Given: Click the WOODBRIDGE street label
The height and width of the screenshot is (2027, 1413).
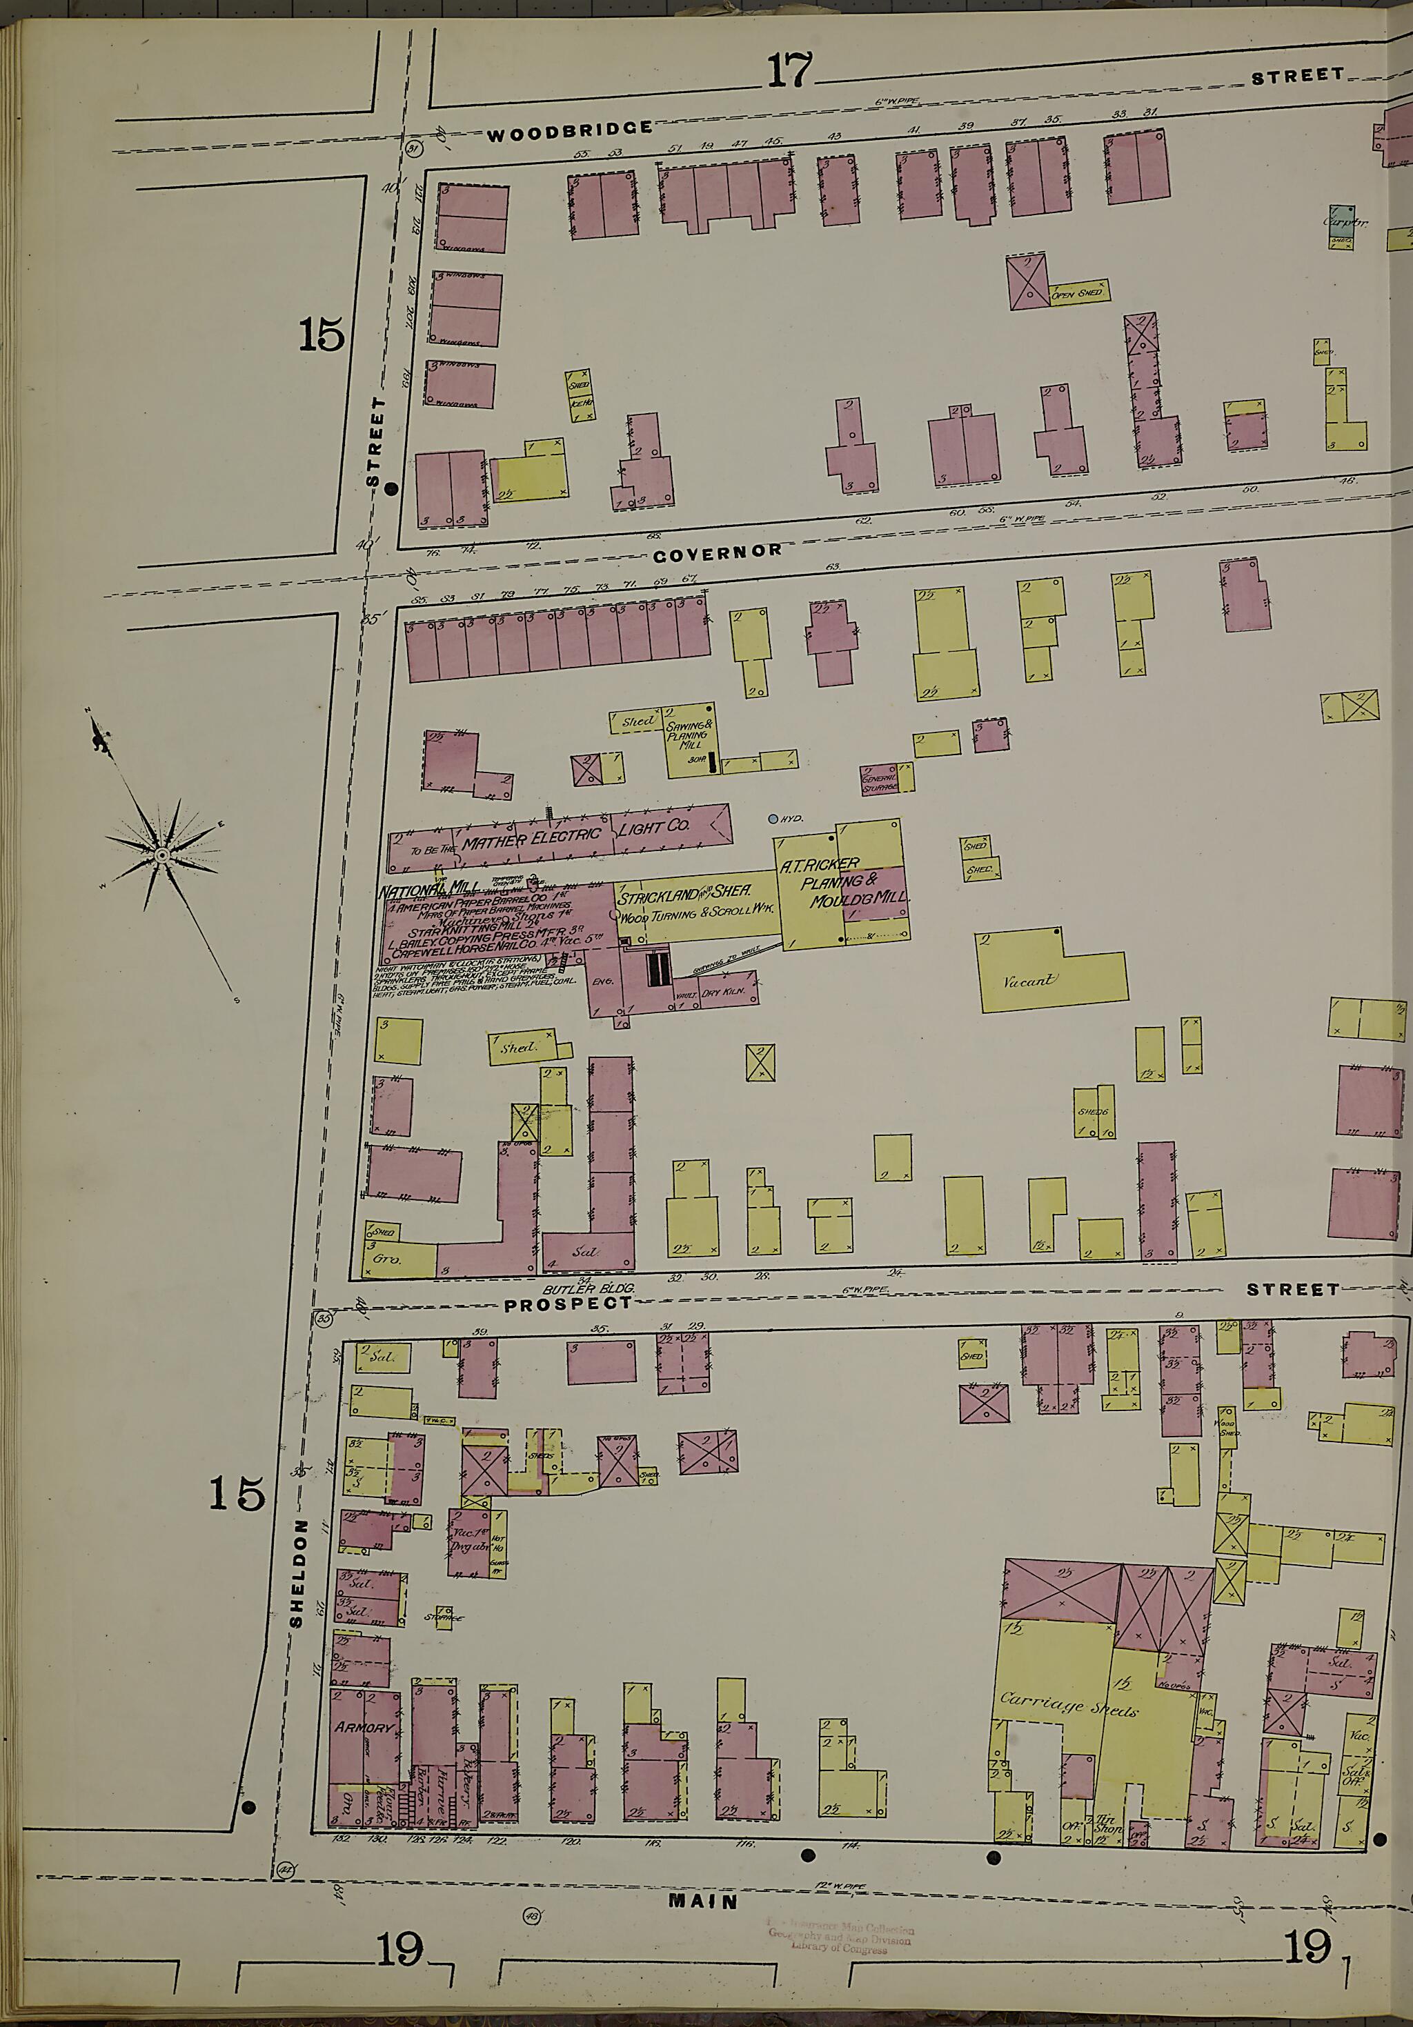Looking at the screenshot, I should [x=570, y=133].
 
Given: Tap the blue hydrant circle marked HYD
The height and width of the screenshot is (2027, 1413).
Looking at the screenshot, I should [x=773, y=819].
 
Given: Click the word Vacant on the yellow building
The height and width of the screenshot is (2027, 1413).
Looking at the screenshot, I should [x=1029, y=981].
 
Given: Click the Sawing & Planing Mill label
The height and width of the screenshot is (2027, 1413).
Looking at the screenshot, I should [x=687, y=735].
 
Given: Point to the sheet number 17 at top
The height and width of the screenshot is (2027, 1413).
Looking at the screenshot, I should [x=789, y=70].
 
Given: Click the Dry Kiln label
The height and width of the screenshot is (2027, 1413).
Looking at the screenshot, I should [x=724, y=992].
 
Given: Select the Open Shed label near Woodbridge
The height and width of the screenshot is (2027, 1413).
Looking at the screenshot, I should [x=1076, y=293].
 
